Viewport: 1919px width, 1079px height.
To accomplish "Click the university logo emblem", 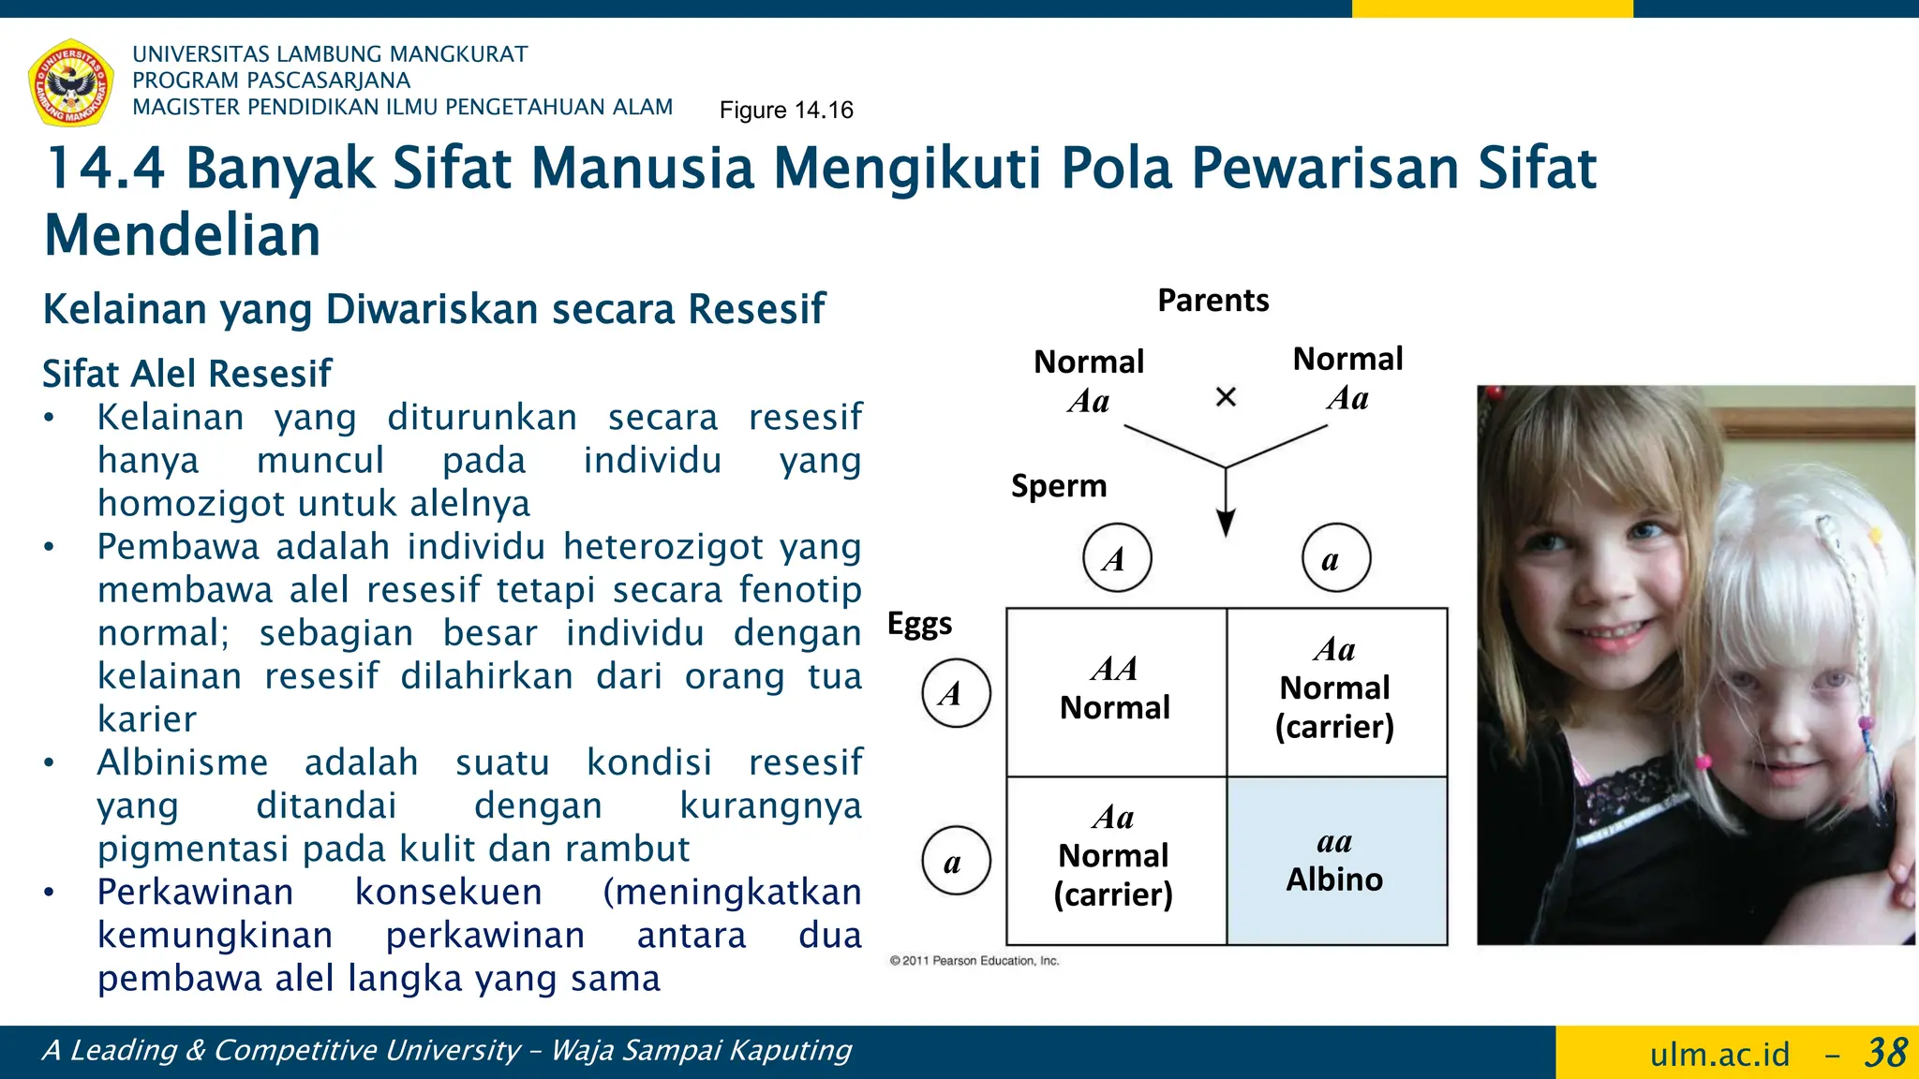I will (71, 82).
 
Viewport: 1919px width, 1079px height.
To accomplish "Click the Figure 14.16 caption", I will (786, 111).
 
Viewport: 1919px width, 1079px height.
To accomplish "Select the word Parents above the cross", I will (1212, 301).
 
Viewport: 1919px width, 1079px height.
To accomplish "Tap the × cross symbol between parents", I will (1226, 397).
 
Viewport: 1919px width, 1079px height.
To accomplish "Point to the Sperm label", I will (1059, 486).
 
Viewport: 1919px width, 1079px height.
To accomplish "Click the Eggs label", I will (919, 624).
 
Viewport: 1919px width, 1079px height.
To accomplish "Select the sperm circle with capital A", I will (1117, 558).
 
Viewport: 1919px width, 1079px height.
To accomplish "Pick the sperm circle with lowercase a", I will (1336, 558).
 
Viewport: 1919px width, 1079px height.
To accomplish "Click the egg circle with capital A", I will (956, 693).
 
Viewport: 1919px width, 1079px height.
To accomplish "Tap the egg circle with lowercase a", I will (956, 861).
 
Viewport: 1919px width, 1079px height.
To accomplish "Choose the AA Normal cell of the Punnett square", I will (1116, 691).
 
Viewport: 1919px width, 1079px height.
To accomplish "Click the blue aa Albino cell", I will (1336, 861).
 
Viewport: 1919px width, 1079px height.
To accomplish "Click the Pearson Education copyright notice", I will (974, 961).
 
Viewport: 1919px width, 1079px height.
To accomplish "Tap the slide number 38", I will (1884, 1053).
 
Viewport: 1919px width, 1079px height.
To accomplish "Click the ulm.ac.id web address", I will (1719, 1055).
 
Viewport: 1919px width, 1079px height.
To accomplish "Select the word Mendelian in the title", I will (183, 235).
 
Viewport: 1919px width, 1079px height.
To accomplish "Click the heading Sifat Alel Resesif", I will (187, 374).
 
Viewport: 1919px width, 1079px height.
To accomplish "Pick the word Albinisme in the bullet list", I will (183, 762).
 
